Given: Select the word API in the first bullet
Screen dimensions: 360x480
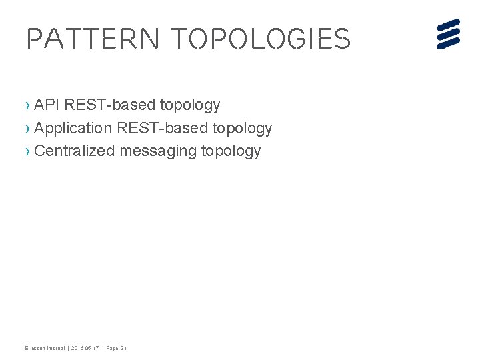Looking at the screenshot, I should pos(47,105).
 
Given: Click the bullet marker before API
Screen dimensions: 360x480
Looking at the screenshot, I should pos(27,105).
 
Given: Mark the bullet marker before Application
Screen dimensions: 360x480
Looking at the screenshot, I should pos(27,128).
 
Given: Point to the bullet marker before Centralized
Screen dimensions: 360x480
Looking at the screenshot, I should pos(27,151).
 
